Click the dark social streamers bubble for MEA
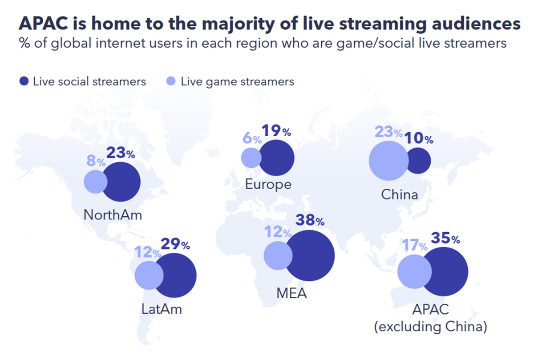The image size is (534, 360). [311, 255]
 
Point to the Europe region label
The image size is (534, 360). [268, 184]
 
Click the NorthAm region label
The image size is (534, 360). [113, 215]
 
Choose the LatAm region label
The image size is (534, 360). [162, 309]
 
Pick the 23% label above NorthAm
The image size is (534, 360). [120, 154]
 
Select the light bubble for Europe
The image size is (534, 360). [251, 158]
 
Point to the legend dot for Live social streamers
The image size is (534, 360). [24, 81]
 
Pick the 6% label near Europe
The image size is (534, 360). [251, 138]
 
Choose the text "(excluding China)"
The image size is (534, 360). [430, 327]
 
